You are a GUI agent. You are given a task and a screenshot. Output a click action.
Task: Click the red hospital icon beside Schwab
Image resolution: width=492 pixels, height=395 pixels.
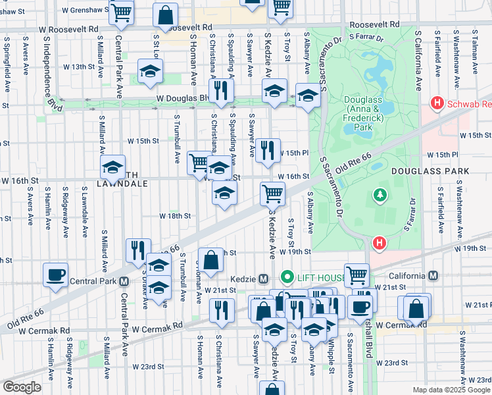tap(435, 103)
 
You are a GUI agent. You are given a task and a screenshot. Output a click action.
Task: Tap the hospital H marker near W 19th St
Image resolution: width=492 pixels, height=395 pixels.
tap(379, 244)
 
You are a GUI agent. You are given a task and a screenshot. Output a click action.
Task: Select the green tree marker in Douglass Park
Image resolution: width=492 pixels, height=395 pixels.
tap(380, 195)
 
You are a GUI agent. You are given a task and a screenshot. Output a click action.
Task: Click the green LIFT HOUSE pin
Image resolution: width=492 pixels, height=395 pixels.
tap(286, 278)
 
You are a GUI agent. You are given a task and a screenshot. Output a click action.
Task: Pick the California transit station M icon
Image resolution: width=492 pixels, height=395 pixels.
tap(433, 275)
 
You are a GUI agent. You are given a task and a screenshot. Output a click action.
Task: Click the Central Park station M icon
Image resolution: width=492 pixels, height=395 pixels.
tap(124, 281)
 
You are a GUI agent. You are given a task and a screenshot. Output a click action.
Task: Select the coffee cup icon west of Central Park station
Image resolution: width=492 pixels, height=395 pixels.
tap(55, 275)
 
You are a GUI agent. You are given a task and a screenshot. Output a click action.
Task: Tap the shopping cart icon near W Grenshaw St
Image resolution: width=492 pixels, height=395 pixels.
tap(121, 12)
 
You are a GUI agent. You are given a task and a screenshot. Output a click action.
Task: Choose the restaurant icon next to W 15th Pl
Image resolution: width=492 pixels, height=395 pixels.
tap(267, 150)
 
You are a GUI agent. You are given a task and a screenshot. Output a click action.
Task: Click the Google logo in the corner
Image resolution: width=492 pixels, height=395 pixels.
tap(21, 387)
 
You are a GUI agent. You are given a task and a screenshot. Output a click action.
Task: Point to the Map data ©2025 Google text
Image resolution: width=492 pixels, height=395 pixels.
tap(451, 390)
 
